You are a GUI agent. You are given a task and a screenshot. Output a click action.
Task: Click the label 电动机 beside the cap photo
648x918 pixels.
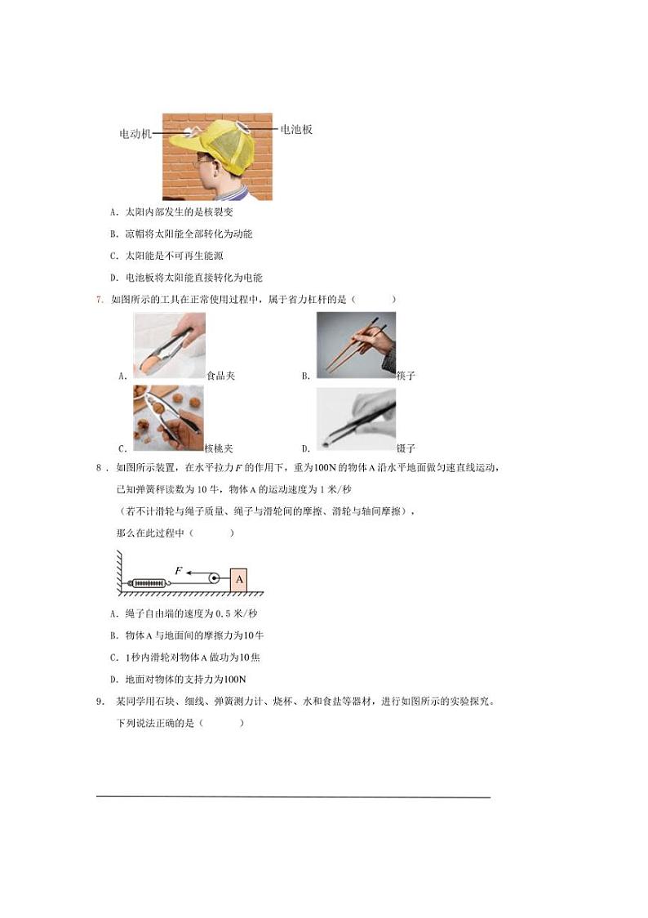135,134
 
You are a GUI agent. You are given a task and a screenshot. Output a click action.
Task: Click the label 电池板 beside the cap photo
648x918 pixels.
296,129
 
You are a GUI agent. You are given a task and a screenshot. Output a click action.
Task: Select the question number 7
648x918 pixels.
100,300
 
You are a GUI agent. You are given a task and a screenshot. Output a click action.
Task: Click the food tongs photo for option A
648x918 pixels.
169,345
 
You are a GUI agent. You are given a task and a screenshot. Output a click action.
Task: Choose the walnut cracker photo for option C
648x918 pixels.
169,419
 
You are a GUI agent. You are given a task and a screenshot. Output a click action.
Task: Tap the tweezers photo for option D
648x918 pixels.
356,418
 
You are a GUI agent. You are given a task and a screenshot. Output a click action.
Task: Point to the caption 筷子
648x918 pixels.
406,376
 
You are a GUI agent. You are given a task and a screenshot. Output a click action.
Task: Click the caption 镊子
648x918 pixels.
406,448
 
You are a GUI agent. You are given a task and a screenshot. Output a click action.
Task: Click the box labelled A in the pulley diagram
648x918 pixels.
239,579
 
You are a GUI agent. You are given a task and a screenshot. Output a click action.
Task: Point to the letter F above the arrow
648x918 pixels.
178,570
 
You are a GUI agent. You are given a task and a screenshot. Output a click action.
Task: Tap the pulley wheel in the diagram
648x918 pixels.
213,578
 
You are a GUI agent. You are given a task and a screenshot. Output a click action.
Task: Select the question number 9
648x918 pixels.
100,701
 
